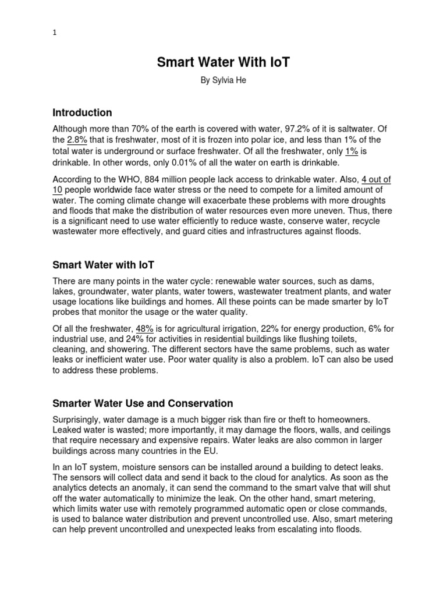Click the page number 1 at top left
pos(54,33)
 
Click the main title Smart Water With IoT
pos(223,62)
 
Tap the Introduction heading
pos(82,112)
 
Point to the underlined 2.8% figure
pos(78,140)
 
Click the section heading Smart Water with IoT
pos(103,265)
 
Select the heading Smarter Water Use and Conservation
pos(143,403)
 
